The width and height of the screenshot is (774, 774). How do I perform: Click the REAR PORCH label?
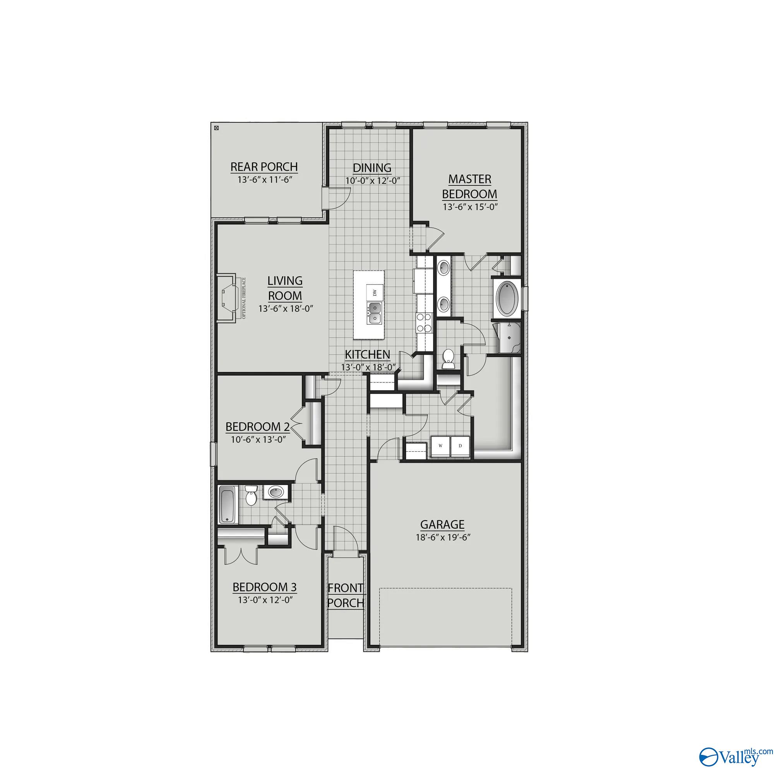point(264,167)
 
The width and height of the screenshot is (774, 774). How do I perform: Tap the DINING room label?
point(372,168)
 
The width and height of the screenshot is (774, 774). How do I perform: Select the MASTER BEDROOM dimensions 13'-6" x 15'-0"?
point(470,207)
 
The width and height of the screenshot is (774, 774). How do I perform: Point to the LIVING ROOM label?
point(285,288)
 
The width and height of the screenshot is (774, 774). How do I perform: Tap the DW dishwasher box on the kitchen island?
point(375,293)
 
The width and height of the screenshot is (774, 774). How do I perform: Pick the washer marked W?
point(440,445)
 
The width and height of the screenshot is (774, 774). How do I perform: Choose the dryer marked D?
point(460,445)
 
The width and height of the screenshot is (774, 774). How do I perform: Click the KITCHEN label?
point(367,354)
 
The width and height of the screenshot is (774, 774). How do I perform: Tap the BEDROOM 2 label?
point(257,426)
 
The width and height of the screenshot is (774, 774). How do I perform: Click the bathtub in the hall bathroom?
point(228,504)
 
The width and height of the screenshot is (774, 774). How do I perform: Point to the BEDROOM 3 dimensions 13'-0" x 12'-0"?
point(264,600)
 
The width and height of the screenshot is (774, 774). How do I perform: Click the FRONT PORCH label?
point(346,595)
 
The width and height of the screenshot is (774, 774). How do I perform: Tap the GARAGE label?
point(442,524)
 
